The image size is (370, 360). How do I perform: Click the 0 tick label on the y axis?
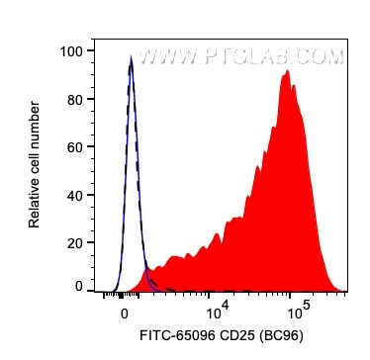(78, 287)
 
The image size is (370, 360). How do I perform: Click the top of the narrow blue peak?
(131, 59)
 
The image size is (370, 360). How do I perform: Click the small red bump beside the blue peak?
(148, 272)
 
